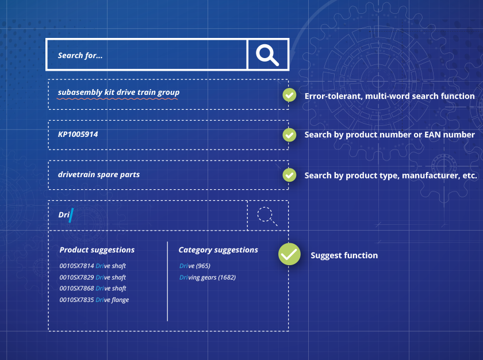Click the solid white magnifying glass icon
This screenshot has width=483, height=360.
[267, 55]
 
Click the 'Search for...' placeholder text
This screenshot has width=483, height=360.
[80, 55]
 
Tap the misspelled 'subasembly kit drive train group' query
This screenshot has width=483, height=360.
[118, 93]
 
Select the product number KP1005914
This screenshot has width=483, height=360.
[78, 134]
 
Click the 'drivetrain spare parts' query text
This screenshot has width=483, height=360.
[99, 175]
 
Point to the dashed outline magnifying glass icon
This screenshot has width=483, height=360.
[267, 216]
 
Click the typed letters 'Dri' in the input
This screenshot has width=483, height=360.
[64, 215]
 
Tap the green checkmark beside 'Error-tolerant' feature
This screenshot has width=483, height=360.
[290, 95]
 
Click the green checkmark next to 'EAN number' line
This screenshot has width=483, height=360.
[290, 135]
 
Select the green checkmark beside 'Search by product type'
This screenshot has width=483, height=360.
[290, 175]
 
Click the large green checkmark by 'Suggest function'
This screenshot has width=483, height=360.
[289, 254]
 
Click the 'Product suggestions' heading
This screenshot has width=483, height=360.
[97, 250]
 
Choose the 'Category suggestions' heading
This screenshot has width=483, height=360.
[218, 250]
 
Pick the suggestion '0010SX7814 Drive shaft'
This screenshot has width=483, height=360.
[93, 266]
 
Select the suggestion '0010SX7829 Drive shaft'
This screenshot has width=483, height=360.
[93, 277]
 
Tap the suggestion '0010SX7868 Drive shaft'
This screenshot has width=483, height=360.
[93, 288]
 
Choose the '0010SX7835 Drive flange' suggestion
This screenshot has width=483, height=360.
[94, 300]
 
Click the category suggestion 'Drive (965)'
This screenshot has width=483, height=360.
[195, 266]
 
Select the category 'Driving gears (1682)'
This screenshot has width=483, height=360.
[208, 277]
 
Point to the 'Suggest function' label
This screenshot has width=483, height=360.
[344, 255]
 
